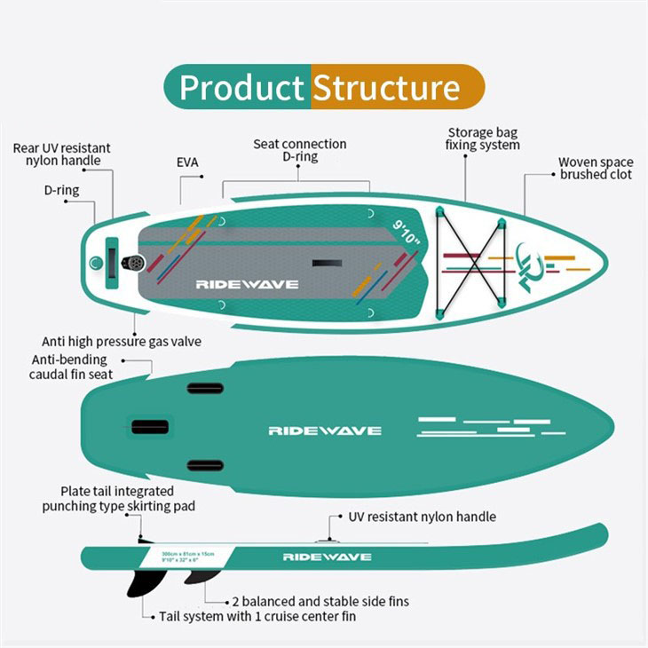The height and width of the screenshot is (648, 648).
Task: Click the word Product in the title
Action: (x=241, y=88)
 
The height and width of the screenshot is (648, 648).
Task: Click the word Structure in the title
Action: (x=386, y=88)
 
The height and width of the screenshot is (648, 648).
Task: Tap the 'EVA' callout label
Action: (x=187, y=163)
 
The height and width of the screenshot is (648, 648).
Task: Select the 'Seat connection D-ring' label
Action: (x=300, y=150)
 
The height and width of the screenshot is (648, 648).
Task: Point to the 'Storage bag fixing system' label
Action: (x=482, y=138)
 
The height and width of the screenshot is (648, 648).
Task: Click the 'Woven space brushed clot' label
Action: (x=596, y=169)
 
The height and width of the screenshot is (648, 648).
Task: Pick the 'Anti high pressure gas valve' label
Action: (x=122, y=342)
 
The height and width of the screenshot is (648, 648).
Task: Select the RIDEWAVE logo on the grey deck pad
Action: (x=247, y=285)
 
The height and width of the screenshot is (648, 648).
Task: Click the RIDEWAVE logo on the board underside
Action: (x=325, y=431)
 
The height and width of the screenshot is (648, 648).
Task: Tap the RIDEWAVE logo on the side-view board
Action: (x=327, y=557)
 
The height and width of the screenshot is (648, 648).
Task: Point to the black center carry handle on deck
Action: (x=327, y=264)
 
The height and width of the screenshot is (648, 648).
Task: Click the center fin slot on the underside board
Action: (x=150, y=427)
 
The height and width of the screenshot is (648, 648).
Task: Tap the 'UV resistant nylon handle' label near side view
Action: (x=422, y=517)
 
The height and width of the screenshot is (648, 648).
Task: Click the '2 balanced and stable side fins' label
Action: (x=320, y=601)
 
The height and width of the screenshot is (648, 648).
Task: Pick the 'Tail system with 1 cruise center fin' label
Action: (x=259, y=617)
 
